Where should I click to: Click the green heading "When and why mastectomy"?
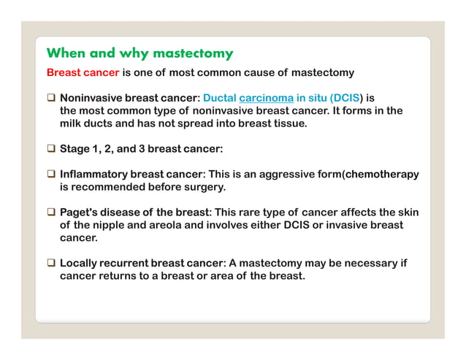coord(140,53)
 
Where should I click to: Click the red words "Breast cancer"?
coord(83,73)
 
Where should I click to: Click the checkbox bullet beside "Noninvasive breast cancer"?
coord(51,98)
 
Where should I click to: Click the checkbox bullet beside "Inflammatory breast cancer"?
coord(51,175)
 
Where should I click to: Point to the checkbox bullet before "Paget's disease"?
coord(51,212)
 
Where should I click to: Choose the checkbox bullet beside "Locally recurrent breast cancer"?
coord(51,264)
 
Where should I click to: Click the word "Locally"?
coord(80,264)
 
